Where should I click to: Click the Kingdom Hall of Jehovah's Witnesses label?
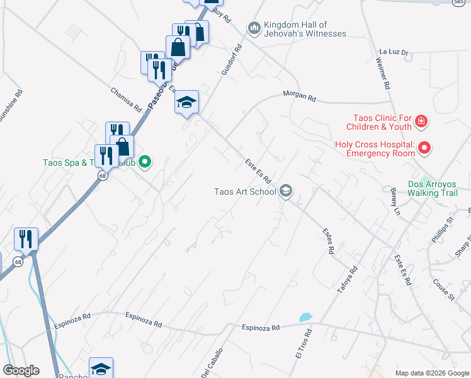305,28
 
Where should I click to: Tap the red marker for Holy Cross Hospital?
425,149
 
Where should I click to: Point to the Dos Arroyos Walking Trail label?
433,188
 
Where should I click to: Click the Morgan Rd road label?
300,97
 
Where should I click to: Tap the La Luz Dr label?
394,52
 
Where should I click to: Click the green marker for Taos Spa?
145,163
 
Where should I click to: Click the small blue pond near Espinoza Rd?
305,317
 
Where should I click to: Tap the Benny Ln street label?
395,198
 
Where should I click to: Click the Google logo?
21,370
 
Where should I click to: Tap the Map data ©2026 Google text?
432,373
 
